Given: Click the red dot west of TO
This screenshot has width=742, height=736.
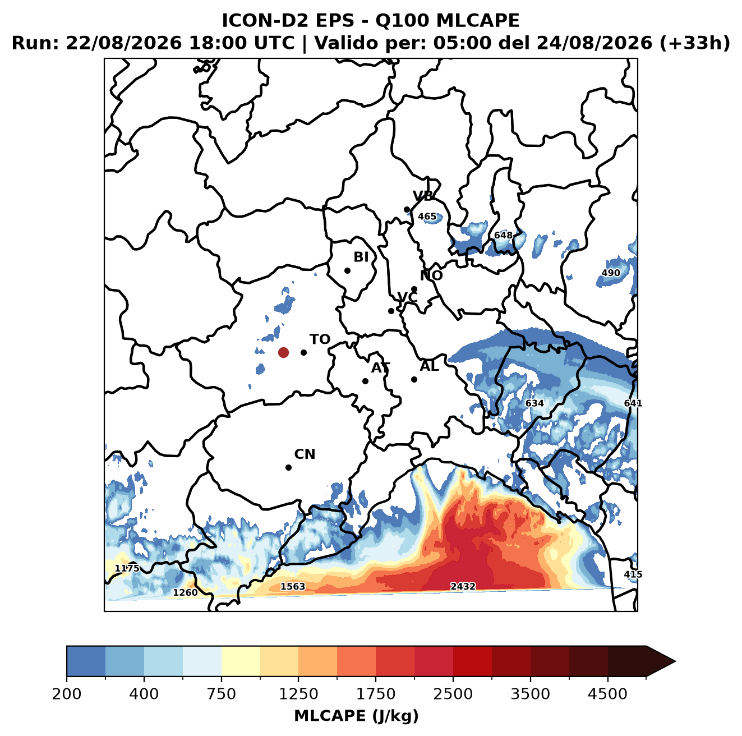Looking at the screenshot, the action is point(283,352).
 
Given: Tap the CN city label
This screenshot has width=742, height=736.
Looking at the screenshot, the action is point(305,454).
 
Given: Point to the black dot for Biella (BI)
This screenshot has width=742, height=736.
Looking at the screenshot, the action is point(347,270).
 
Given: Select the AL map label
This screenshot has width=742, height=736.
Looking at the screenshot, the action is point(429,366).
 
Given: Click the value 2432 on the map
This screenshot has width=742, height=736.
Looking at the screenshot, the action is point(463,586).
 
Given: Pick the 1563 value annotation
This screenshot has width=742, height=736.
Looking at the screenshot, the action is point(293,586).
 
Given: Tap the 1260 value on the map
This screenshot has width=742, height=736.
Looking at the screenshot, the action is point(185,592).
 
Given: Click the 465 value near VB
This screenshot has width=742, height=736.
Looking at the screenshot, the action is point(427,217).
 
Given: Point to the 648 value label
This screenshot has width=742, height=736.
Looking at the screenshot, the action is point(503,235).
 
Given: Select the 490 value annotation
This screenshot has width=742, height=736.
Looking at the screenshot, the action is point(611,273).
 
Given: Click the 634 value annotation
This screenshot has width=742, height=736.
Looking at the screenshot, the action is point(534,403).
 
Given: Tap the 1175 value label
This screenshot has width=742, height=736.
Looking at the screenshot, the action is point(127,568).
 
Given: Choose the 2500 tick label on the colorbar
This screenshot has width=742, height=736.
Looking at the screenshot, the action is point(453,693).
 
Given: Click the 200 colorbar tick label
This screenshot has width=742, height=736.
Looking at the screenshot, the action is point(67,693).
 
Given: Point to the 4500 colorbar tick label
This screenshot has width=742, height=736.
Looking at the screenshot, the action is point(607,693).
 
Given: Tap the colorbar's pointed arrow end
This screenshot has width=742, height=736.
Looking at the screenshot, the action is point(675,661).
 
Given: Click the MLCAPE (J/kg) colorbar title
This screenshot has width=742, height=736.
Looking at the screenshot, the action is point(356,716).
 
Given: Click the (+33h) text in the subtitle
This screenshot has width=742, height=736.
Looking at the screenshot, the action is point(695,43).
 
